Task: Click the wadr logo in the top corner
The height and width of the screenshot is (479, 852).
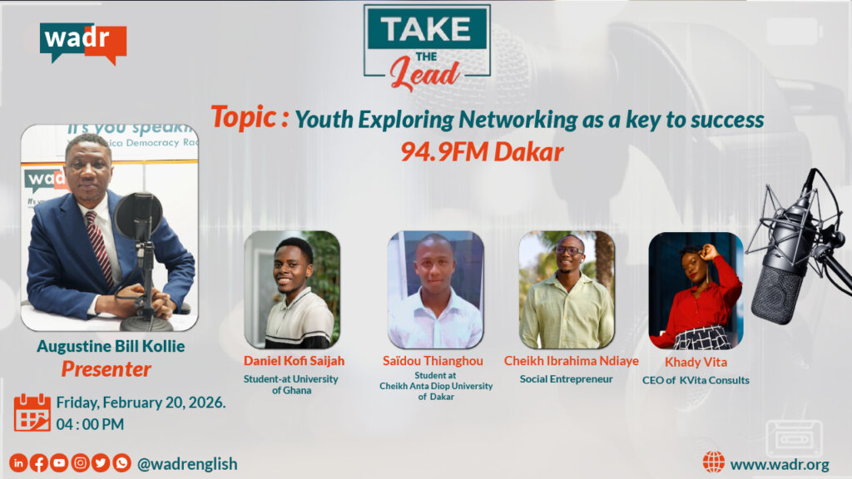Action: (x=83, y=43)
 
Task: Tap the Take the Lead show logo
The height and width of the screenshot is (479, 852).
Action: (x=427, y=47)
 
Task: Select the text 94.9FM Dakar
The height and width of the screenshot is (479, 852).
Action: (x=482, y=152)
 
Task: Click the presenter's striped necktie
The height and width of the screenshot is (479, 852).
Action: (x=100, y=246)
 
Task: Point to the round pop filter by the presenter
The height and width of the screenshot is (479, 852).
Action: (x=138, y=216)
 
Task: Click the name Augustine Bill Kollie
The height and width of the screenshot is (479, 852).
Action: (x=111, y=347)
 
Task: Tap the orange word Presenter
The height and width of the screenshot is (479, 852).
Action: (x=106, y=369)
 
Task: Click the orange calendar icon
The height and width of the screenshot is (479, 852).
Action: (x=32, y=412)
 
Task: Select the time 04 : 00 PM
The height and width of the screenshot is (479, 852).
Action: (x=90, y=424)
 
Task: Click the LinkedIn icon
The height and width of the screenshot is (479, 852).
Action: (x=18, y=463)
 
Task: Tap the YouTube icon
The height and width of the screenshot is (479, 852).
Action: (x=59, y=463)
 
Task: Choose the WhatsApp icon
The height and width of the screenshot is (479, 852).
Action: (x=121, y=463)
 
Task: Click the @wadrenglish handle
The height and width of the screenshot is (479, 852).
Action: (x=187, y=464)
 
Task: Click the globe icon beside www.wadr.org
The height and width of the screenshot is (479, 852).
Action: (x=713, y=462)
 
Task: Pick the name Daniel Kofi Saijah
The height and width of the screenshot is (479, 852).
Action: (x=294, y=361)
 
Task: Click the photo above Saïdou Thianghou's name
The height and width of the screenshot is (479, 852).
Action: (x=436, y=289)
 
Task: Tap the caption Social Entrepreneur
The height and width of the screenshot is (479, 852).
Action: (x=566, y=379)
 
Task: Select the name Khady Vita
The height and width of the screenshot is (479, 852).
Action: (x=696, y=363)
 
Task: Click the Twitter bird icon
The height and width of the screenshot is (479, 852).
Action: (x=101, y=463)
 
